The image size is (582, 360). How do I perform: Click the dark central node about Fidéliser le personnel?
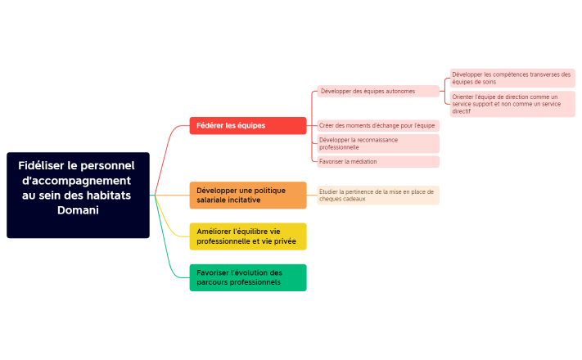pyautogui.click(x=78, y=195)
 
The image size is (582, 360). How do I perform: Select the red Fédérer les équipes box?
pyautogui.click(x=247, y=125)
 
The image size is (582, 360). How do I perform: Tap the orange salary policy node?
pyautogui.click(x=247, y=196)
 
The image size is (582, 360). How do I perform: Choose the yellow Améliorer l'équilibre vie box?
pyautogui.click(x=247, y=236)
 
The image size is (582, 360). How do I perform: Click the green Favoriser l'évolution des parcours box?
pyautogui.click(x=247, y=277)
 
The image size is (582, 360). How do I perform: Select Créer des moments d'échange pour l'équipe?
pyautogui.click(x=377, y=125)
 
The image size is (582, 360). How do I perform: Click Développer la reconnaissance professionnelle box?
pyautogui.click(x=377, y=143)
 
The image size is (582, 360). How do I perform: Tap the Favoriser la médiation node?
pyautogui.click(x=377, y=161)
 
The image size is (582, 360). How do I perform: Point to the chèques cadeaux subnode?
pyautogui.click(x=377, y=195)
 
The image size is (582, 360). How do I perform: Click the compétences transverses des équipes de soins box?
pyautogui.click(x=512, y=78)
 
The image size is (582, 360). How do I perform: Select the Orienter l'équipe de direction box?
pyautogui.click(x=512, y=104)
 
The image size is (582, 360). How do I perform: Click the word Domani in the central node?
pyautogui.click(x=78, y=210)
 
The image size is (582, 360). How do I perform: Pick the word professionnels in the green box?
pyautogui.click(x=253, y=282)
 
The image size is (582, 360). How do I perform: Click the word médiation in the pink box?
pyautogui.click(x=361, y=161)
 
